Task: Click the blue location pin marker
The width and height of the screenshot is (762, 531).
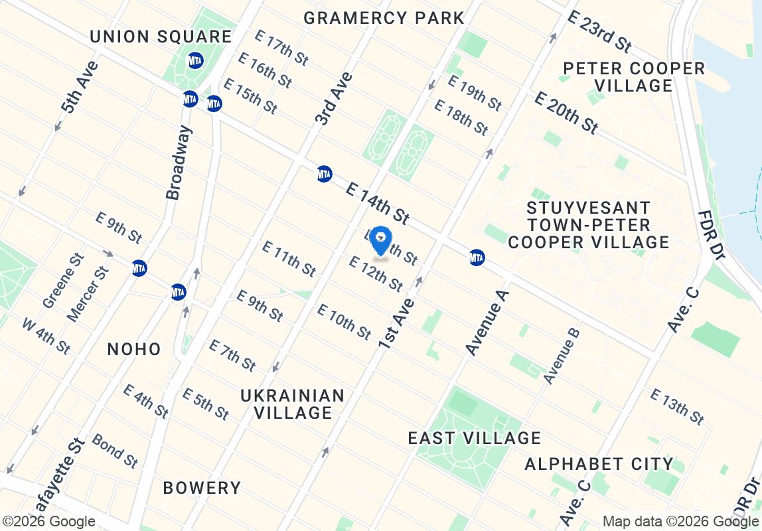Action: [380, 240]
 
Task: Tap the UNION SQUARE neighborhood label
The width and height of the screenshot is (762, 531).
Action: [161, 37]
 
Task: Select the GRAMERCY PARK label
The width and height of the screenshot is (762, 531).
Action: [384, 18]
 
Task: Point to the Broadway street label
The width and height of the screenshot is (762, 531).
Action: [179, 163]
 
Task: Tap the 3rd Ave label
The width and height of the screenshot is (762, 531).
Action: [334, 99]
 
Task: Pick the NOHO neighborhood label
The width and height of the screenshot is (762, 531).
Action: [134, 349]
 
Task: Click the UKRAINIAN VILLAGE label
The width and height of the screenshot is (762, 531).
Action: [292, 404]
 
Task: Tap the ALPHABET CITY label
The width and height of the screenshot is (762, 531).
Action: [599, 463]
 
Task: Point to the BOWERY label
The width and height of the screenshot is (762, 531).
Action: [202, 488]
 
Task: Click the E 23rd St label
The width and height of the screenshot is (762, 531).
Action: [600, 31]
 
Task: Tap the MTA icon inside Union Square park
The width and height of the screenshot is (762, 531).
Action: [195, 60]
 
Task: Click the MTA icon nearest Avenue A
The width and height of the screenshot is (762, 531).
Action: [477, 257]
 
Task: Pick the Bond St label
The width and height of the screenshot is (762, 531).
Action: [115, 451]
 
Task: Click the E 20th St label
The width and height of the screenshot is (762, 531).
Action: [566, 112]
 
